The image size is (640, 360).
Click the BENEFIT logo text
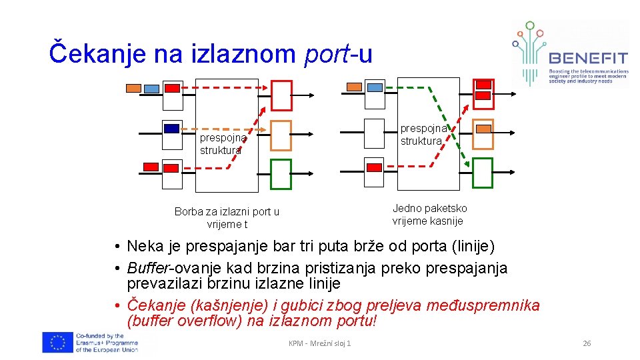click(x=587, y=59)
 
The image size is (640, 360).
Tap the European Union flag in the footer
click(x=58, y=342)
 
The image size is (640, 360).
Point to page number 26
click(x=587, y=343)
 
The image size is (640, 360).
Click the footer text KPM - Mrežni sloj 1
click(x=319, y=343)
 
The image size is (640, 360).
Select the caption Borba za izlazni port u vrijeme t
click(x=227, y=217)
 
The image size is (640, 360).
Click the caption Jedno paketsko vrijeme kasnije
click(x=429, y=215)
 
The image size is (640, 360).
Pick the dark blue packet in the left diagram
click(x=172, y=129)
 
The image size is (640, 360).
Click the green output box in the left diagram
click(x=281, y=175)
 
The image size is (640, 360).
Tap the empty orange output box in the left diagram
click(x=281, y=135)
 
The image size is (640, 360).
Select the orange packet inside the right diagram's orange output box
click(x=484, y=128)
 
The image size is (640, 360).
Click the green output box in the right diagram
click(x=482, y=173)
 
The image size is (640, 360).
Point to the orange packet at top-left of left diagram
click(x=133, y=88)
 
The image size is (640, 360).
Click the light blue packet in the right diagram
click(x=375, y=87)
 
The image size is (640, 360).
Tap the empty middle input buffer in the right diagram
click(x=375, y=135)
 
